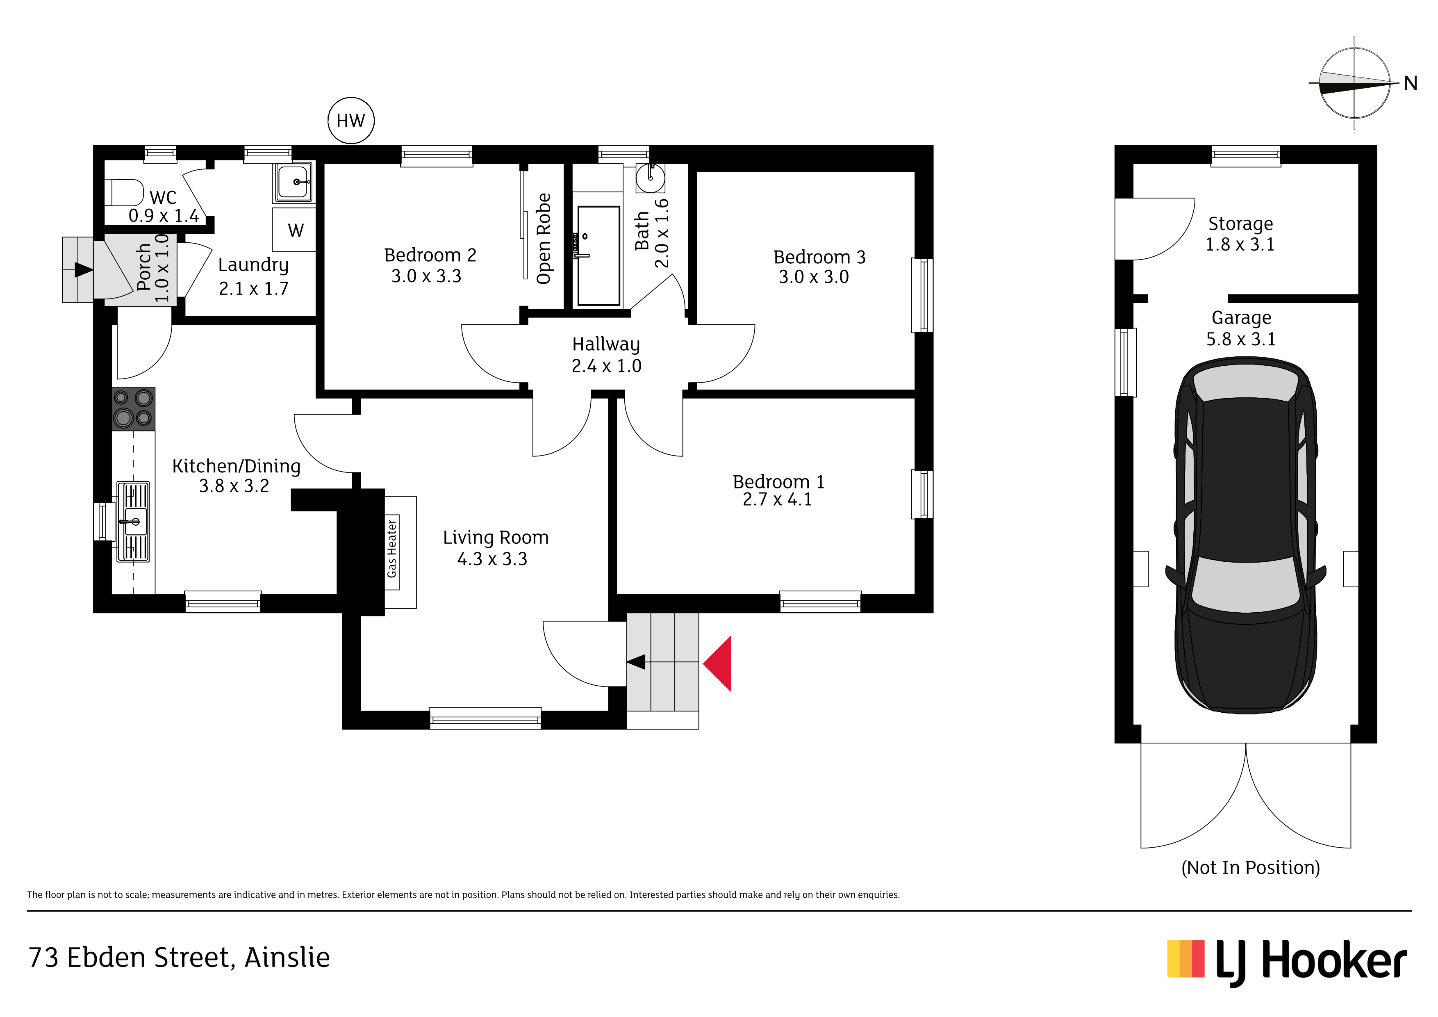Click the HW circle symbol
pyautogui.click(x=351, y=120)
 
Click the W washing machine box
pyautogui.click(x=294, y=230)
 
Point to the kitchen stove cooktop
pyautogui.click(x=133, y=408)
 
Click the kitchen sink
pyautogui.click(x=133, y=521)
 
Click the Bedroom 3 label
pyautogui.click(x=819, y=257)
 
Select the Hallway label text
pyautogui.click(x=605, y=344)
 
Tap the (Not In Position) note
pyautogui.click(x=1250, y=868)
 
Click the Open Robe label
pyautogui.click(x=544, y=239)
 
